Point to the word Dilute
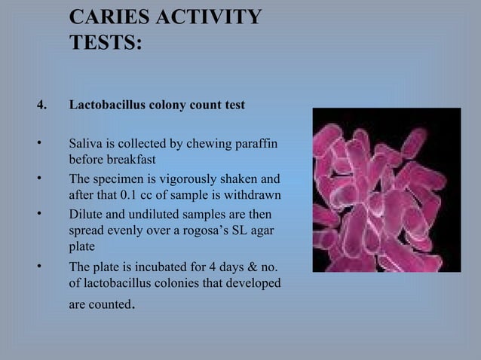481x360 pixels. click(x=86, y=214)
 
